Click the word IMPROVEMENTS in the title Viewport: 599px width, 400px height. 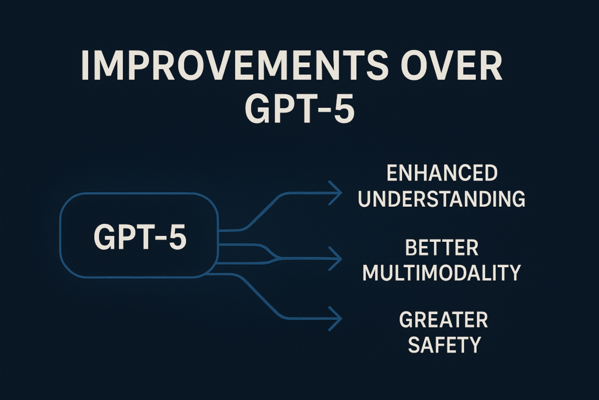[x=232, y=66]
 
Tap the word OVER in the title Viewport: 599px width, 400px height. [x=451, y=66]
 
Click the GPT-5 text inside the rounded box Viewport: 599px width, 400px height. [x=140, y=237]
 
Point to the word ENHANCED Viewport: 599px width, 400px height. [x=442, y=173]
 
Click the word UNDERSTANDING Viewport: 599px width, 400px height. [x=442, y=199]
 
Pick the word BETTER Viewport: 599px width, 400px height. [x=442, y=248]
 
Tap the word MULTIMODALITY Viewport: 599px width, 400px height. [x=442, y=273]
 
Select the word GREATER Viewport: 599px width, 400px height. [x=443, y=320]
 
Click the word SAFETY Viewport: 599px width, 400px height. [x=445, y=344]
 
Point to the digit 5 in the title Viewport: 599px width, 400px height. [x=343, y=109]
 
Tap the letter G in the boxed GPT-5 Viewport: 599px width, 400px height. [x=104, y=237]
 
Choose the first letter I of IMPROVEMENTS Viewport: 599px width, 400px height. [x=84, y=66]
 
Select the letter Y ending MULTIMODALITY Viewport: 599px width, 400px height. [x=514, y=273]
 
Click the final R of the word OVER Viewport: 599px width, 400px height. [x=491, y=66]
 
